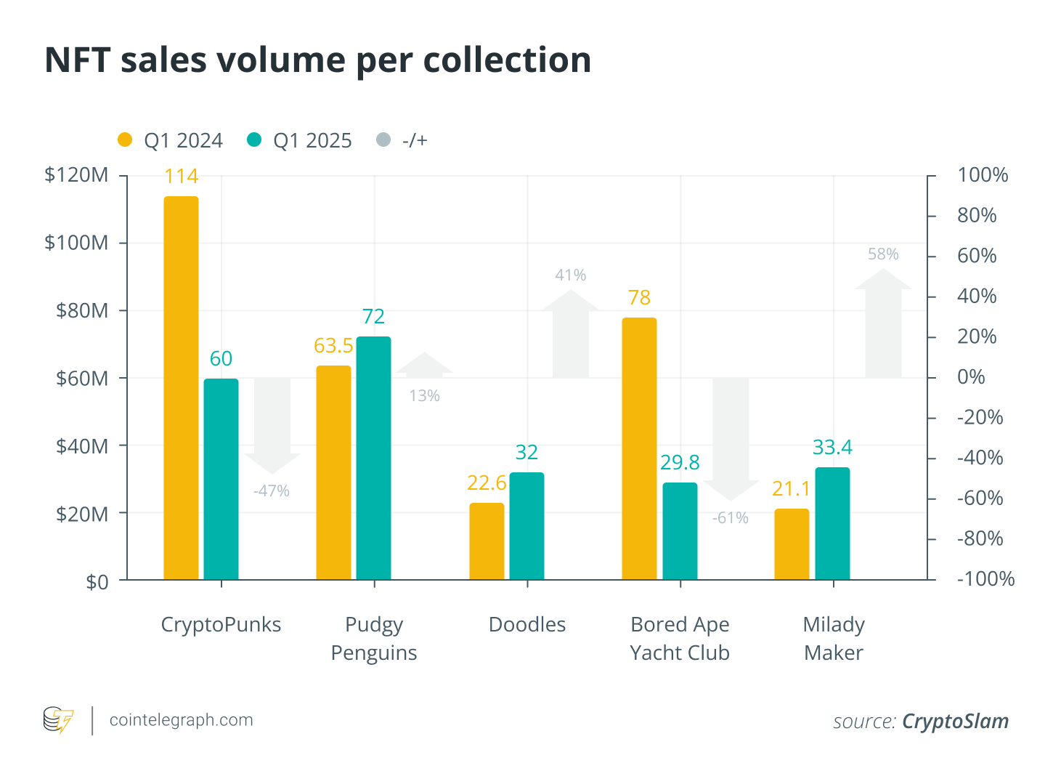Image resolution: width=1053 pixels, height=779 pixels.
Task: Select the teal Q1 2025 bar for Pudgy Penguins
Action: point(373,458)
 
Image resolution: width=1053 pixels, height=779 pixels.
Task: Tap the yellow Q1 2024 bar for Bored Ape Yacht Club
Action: point(639,448)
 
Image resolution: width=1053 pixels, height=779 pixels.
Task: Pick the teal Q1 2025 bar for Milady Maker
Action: point(832,523)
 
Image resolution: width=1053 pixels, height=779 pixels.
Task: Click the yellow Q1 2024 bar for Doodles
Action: point(487,541)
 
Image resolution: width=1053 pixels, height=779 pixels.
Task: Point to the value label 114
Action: point(181,177)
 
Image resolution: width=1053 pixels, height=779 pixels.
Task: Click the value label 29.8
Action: point(680,463)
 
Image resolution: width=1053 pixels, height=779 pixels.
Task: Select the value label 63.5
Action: point(333,346)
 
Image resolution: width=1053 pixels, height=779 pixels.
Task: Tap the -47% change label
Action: point(272,491)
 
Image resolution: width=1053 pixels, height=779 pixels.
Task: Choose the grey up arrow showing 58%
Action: point(883,323)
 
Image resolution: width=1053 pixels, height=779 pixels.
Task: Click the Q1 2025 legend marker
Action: point(253,140)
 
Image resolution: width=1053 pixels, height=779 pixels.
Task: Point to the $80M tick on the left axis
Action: point(82,311)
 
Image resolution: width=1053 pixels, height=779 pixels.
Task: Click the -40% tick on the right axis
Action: point(980,458)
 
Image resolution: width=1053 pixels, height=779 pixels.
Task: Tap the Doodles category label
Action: point(527,625)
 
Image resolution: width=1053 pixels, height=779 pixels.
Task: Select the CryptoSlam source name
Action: point(955,722)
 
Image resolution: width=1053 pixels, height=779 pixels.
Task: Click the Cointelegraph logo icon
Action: point(58,720)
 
